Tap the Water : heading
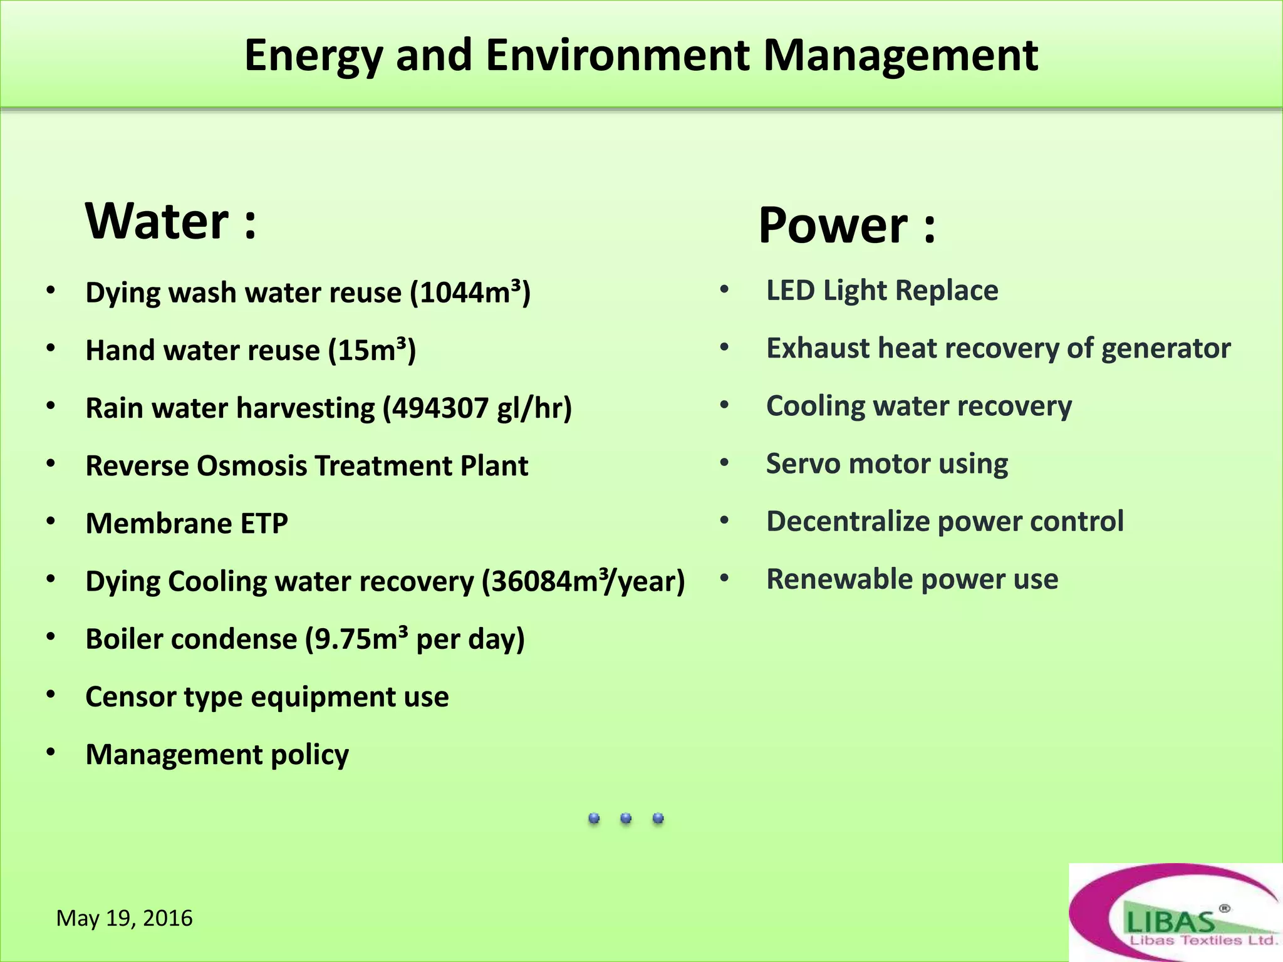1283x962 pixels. pyautogui.click(x=171, y=221)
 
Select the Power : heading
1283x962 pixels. pyautogui.click(x=846, y=225)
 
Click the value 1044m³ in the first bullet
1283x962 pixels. pyautogui.click(x=470, y=292)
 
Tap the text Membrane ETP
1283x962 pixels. pyautogui.click(x=187, y=524)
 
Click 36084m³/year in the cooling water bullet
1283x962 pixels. pyautogui.click(x=583, y=581)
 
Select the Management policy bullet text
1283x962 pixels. pyautogui.click(x=217, y=755)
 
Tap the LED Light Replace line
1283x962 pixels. pyautogui.click(x=882, y=291)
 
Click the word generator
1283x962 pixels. pyautogui.click(x=1166, y=349)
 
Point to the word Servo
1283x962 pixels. pyautogui.click(x=803, y=464)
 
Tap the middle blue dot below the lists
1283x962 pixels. pyautogui.click(x=626, y=818)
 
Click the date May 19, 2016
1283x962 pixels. pyautogui.click(x=125, y=918)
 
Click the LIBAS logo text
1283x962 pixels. pyautogui.click(x=1170, y=921)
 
